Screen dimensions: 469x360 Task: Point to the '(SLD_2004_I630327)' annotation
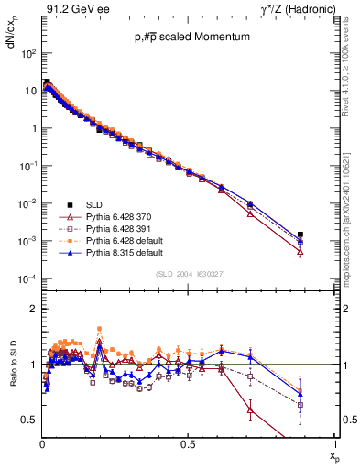coord(189,274)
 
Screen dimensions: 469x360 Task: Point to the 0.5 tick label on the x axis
coord(189,443)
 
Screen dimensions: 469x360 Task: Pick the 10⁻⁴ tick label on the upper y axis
coord(28,278)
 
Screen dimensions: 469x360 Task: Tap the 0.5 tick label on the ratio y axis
coord(30,420)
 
